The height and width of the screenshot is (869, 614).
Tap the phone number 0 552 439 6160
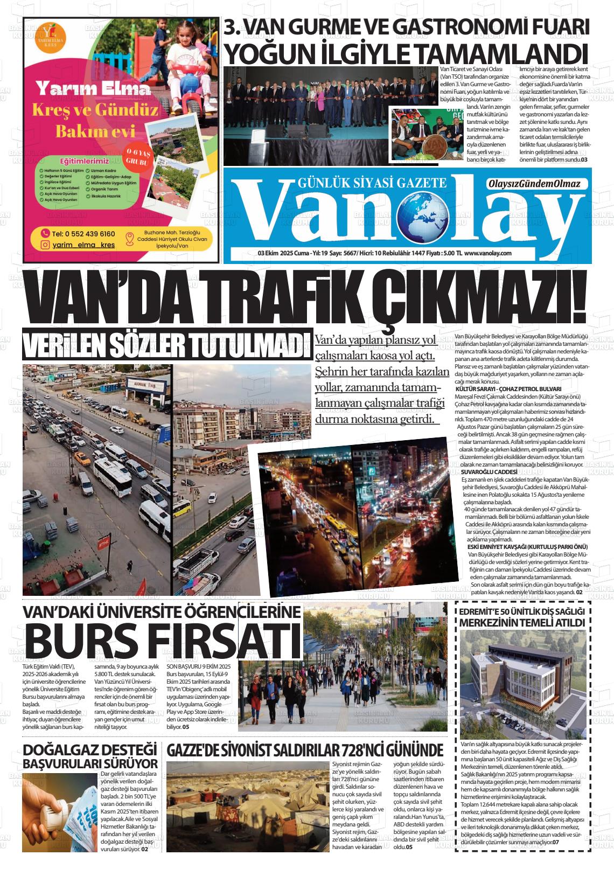pos(83,233)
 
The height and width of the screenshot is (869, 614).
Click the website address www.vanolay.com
pos(487,253)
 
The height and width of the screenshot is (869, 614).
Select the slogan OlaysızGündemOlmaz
pos(534,184)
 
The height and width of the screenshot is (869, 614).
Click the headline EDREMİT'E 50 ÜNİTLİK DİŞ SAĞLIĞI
pos(521,611)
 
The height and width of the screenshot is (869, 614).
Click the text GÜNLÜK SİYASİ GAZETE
pos(372,183)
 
